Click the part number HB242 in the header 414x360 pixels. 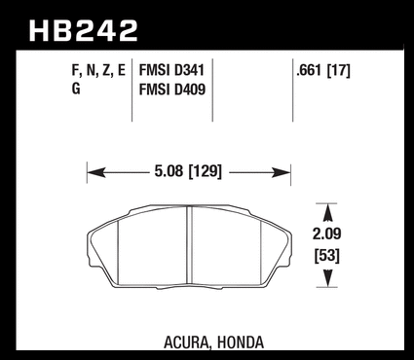[84, 31]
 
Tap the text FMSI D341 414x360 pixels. [171, 70]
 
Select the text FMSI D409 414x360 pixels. [172, 90]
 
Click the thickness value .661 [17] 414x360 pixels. [323, 70]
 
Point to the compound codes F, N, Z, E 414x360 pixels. [98, 71]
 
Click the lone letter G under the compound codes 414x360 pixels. [76, 89]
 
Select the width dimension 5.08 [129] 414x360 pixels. [188, 171]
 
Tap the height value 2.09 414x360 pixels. [327, 234]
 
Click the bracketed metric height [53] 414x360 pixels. [327, 256]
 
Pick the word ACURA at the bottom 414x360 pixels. [186, 342]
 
